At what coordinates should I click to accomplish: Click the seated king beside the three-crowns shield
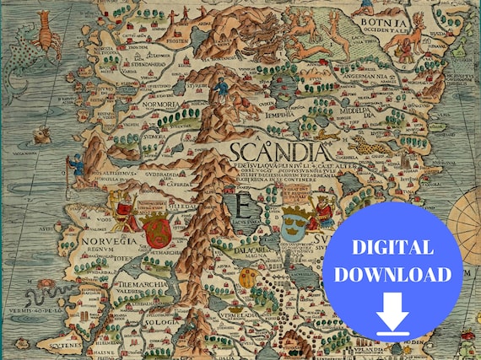click(x=322, y=212)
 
